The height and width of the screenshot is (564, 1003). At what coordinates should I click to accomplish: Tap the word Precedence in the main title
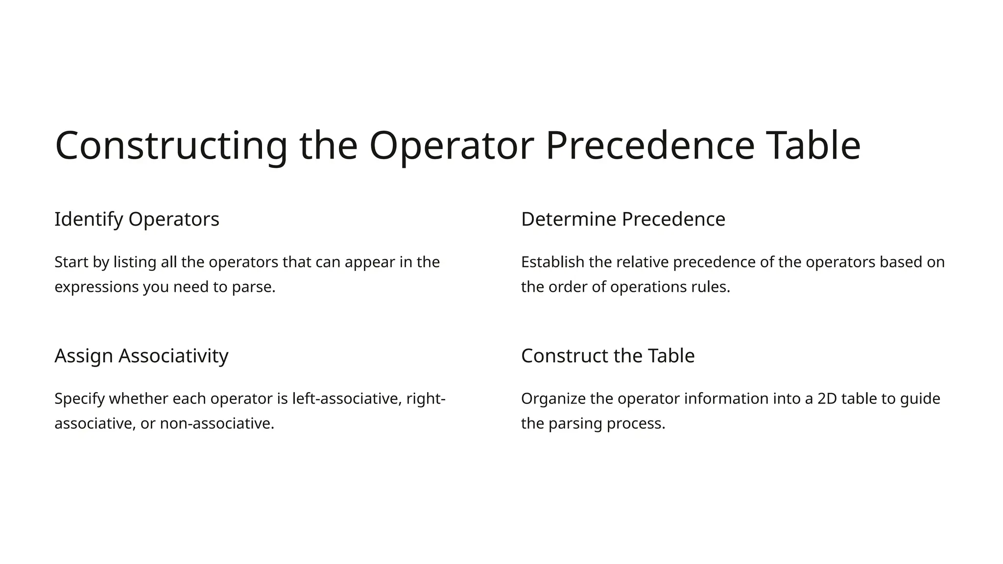(650, 146)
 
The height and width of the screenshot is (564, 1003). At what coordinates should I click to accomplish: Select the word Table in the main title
(813, 146)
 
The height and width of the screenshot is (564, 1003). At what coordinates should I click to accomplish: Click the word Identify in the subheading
(89, 219)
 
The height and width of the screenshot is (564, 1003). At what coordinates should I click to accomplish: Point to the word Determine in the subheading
(569, 219)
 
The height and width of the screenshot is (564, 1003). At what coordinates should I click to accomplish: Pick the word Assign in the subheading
(84, 356)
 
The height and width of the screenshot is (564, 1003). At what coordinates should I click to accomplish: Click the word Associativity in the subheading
(173, 356)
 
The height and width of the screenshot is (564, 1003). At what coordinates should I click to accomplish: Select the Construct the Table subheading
(607, 356)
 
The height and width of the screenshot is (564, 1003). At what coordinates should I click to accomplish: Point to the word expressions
(96, 287)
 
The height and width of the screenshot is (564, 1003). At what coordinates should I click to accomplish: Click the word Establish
(552, 262)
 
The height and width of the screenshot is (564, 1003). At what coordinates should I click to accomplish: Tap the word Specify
(79, 399)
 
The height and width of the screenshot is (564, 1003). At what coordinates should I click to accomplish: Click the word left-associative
(347, 399)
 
